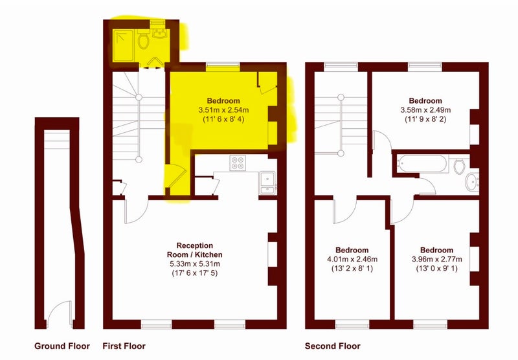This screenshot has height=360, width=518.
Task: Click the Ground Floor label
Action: (62, 346)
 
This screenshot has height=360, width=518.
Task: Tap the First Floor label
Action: (124, 346)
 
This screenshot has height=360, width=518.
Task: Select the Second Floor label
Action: (332, 346)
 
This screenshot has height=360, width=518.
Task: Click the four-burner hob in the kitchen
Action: (238, 163)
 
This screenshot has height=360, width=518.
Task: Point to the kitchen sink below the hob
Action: (267, 183)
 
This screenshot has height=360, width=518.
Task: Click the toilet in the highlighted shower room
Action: (143, 40)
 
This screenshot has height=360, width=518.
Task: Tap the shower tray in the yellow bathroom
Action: (123, 45)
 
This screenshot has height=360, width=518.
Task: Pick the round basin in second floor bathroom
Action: (472, 183)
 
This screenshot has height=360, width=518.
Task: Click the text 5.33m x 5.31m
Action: (195, 264)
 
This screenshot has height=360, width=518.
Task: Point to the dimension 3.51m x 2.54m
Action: (223, 110)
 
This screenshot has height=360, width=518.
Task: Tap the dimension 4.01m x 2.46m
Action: (352, 259)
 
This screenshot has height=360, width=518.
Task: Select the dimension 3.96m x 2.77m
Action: (436, 259)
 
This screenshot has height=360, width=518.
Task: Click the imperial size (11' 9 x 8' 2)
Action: (425, 119)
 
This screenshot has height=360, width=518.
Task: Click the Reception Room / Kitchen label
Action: (195, 250)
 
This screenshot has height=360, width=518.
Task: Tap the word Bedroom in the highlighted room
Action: (223, 101)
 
